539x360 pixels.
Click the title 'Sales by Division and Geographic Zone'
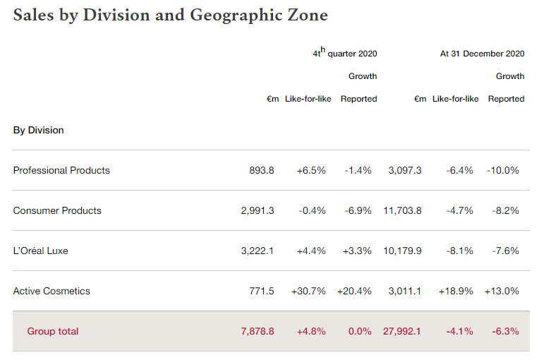click(x=170, y=15)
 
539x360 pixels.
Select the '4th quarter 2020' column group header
click(x=345, y=53)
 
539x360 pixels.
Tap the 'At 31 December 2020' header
click(x=482, y=53)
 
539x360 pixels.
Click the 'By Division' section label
click(x=38, y=130)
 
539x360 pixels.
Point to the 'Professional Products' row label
click(x=61, y=170)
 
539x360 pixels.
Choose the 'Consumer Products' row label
click(x=57, y=210)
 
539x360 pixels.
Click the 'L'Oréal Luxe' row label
click(x=40, y=251)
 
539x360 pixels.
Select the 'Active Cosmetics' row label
click(x=52, y=291)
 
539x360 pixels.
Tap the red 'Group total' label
click(x=53, y=331)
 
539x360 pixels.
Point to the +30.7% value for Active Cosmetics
click(x=308, y=291)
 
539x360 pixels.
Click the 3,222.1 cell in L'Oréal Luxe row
click(x=258, y=251)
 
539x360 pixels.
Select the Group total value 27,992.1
click(x=402, y=331)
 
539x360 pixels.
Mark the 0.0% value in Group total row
click(x=360, y=331)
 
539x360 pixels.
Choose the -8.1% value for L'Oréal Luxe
click(x=459, y=251)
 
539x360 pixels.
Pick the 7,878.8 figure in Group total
click(x=258, y=331)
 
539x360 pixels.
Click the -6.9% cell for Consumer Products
click(x=358, y=210)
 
